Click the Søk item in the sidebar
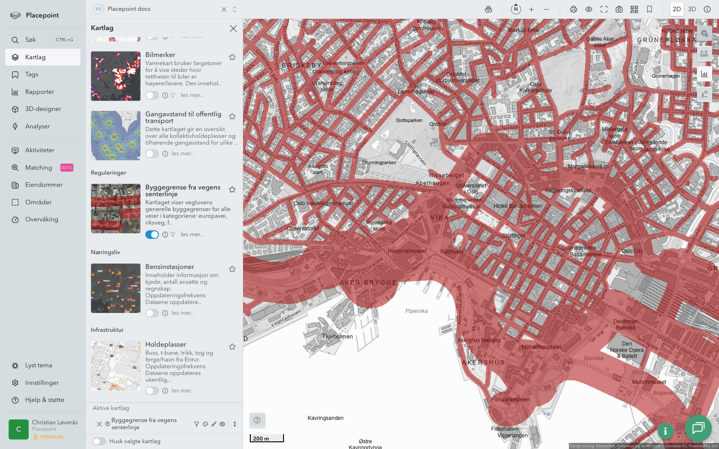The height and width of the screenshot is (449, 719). tap(31, 40)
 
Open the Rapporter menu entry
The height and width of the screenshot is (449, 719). tap(40, 92)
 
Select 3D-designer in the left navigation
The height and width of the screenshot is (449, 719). tap(43, 109)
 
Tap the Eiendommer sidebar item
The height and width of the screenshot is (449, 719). tap(44, 185)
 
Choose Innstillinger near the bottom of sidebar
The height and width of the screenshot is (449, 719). tap(42, 383)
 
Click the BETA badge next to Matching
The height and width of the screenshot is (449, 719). tap(67, 168)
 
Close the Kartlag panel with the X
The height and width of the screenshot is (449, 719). tap(233, 28)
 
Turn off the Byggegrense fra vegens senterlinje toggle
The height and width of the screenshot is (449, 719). tap(152, 234)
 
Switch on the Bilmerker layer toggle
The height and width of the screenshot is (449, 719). tap(152, 95)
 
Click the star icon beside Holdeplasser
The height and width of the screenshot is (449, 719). tap(232, 347)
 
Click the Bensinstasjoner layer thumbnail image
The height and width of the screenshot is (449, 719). tap(115, 288)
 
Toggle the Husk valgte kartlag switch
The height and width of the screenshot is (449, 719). tap(99, 441)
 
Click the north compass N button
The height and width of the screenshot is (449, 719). tap(516, 9)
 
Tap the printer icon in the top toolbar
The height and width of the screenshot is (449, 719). tap(573, 9)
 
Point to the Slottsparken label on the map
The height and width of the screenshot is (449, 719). tap(409, 120)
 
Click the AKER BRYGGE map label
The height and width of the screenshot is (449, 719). tap(368, 283)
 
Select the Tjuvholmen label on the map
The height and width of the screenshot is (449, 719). tap(337, 336)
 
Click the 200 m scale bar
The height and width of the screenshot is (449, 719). tap(266, 438)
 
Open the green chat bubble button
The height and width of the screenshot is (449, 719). tap(698, 428)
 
